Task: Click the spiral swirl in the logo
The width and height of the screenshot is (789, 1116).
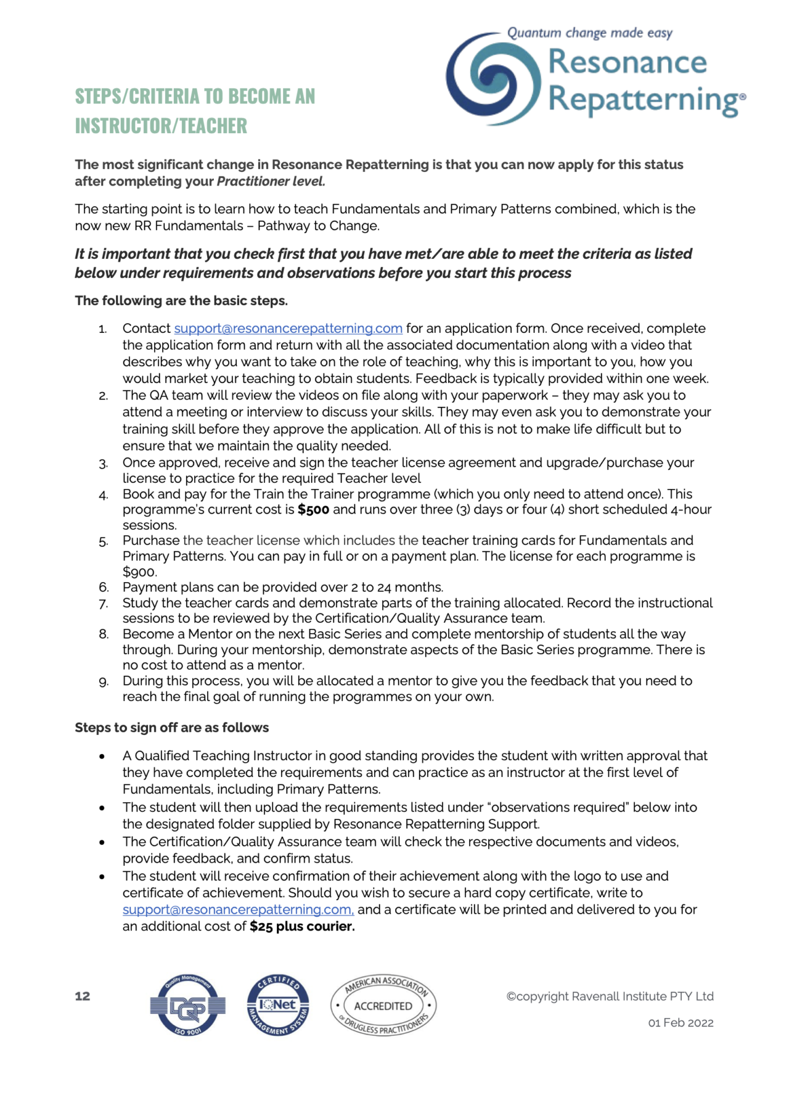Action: [493, 79]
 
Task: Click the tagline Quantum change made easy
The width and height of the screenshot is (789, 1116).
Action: [589, 33]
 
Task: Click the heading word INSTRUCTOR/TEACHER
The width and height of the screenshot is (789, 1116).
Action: [161, 126]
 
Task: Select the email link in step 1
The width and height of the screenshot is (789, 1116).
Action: [288, 329]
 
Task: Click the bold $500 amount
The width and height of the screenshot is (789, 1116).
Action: [313, 510]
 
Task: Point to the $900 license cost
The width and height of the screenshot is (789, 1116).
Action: [139, 572]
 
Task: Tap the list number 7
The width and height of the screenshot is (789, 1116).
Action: [104, 604]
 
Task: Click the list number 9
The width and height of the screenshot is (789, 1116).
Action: [104, 682]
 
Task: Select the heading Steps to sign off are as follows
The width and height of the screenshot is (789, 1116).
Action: [171, 728]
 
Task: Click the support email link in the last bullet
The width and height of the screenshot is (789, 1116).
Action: [238, 910]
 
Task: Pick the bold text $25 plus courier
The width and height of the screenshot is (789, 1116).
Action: [302, 927]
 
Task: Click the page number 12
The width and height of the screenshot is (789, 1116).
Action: [83, 996]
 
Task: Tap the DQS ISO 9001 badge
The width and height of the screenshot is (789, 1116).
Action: [187, 1006]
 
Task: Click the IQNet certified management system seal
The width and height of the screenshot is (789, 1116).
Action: [278, 1005]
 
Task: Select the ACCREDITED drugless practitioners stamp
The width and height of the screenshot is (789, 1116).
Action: [383, 1006]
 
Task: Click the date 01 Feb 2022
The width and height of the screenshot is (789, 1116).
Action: [681, 1023]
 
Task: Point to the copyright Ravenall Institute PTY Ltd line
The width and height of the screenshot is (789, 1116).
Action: [610, 996]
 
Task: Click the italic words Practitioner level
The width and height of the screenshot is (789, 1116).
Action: [271, 181]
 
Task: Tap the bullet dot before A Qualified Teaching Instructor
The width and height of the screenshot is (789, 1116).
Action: [102, 757]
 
